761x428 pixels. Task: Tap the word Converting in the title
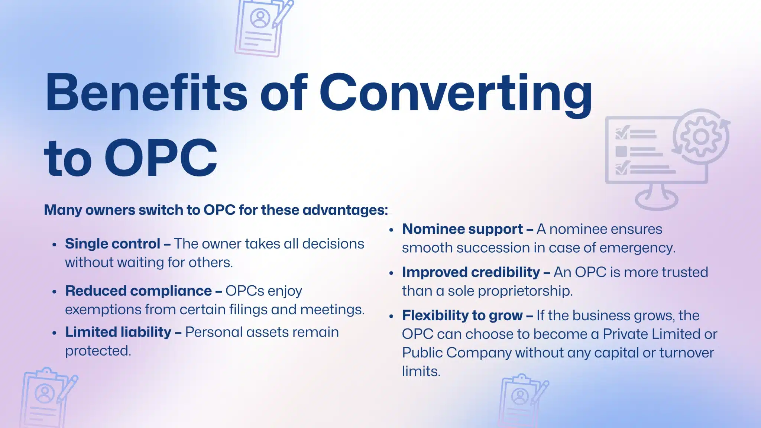point(456,95)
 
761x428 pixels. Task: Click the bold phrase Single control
point(113,244)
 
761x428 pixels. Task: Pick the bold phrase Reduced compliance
point(139,291)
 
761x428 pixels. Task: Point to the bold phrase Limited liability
point(118,332)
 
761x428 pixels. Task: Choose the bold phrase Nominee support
point(463,229)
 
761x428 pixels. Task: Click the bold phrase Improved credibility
point(471,272)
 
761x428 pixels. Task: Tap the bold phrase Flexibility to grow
point(462,315)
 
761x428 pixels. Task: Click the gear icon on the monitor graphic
point(701,137)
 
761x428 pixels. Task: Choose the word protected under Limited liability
point(98,351)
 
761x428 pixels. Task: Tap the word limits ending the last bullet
point(421,371)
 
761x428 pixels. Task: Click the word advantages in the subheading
point(345,210)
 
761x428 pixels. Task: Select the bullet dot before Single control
point(55,245)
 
